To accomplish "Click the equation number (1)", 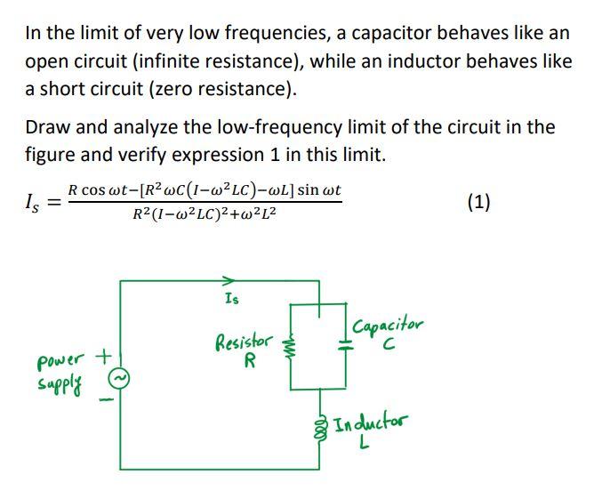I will pos(479,202).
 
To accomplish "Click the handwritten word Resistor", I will pos(243,342).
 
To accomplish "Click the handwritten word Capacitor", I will pos(389,326).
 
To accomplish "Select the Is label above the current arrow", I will pos(233,297).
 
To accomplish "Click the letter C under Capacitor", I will pos(386,346).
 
